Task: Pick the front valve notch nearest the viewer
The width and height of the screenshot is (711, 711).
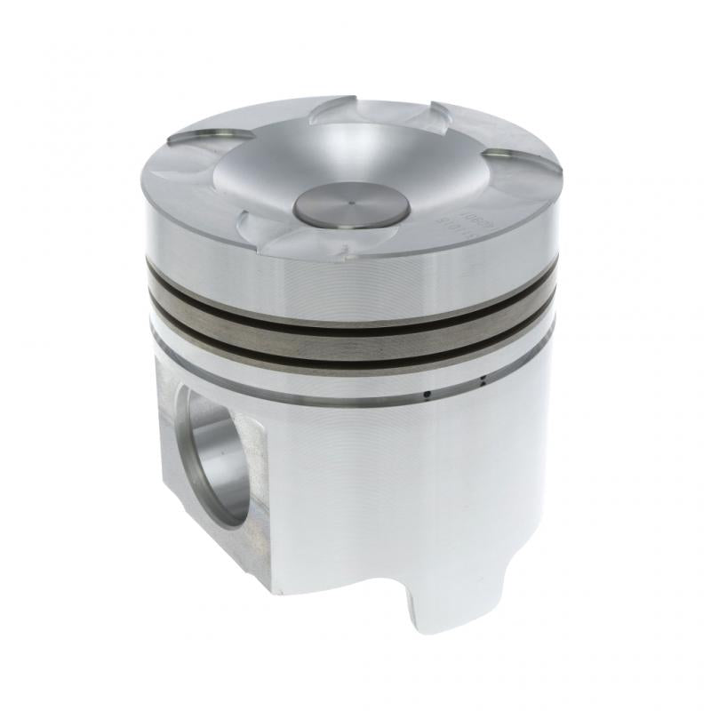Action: click(x=267, y=233)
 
